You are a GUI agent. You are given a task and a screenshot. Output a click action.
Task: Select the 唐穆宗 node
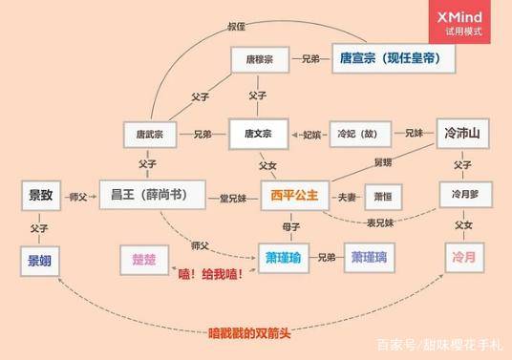coord(258,59)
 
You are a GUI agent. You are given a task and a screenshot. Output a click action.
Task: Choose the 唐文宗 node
coord(258,134)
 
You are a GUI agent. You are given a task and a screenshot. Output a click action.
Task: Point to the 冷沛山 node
coord(461,133)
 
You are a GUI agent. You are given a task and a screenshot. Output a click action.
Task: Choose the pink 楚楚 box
coord(143,258)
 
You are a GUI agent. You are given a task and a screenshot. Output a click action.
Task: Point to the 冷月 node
coord(461,258)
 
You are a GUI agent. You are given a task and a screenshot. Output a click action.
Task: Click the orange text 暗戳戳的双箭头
coord(248,333)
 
